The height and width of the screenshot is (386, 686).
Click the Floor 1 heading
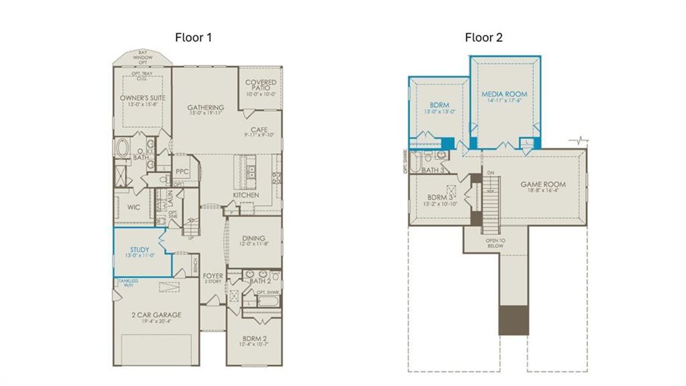tap(193, 38)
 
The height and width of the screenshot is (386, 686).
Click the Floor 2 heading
tap(483, 38)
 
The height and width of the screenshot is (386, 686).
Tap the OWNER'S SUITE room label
tap(143, 98)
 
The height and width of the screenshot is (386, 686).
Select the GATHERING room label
tap(205, 108)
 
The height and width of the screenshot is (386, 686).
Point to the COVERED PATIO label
tap(260, 85)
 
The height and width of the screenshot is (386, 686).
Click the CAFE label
tap(256, 130)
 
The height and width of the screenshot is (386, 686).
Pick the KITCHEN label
tap(246, 195)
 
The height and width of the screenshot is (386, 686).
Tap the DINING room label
tap(253, 239)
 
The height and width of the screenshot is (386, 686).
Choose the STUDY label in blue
tap(140, 250)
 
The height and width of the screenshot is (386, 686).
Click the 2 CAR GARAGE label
tap(156, 315)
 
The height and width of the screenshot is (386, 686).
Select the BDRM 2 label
tap(253, 339)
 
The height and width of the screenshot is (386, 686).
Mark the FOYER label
tap(213, 276)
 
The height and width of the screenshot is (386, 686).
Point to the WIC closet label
tap(134, 207)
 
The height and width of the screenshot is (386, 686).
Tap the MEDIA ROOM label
tap(504, 94)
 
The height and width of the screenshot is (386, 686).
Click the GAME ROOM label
tap(543, 184)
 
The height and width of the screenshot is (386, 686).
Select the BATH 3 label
tap(433, 170)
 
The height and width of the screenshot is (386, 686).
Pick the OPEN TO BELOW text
tap(495, 243)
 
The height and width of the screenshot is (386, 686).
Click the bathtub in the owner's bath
tap(123, 147)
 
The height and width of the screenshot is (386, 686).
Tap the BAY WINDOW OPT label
tap(143, 57)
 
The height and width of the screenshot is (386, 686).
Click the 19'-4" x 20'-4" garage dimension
tap(156, 322)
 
